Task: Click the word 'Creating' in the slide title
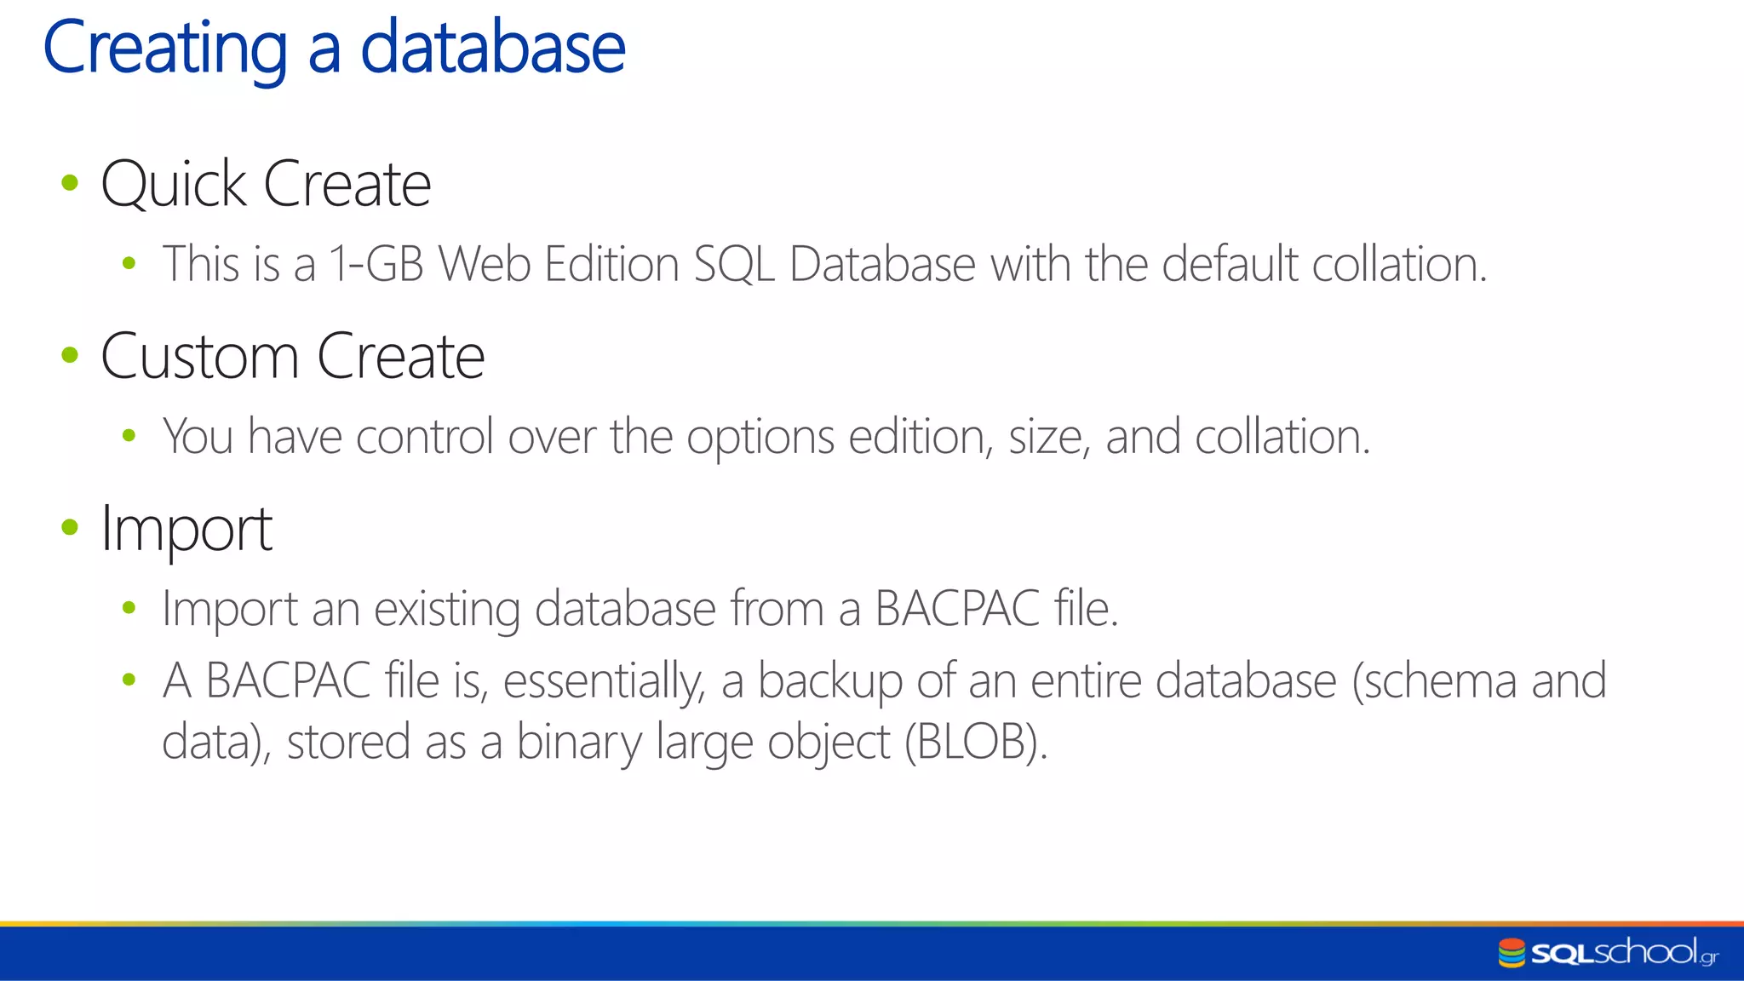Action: pos(165,49)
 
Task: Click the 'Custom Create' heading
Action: pos(293,356)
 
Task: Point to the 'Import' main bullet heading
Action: pos(186,530)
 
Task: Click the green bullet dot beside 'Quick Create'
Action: pos(70,182)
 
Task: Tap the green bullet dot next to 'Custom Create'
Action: pos(70,354)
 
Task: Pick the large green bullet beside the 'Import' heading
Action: pos(70,527)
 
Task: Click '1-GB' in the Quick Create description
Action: pos(376,264)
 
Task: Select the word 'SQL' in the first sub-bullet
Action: pos(733,265)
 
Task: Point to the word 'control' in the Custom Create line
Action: pos(424,437)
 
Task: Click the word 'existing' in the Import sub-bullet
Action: pos(447,610)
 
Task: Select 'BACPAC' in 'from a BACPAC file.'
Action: pos(957,609)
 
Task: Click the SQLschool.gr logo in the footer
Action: pos(1609,953)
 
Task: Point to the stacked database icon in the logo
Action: pos(1512,953)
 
